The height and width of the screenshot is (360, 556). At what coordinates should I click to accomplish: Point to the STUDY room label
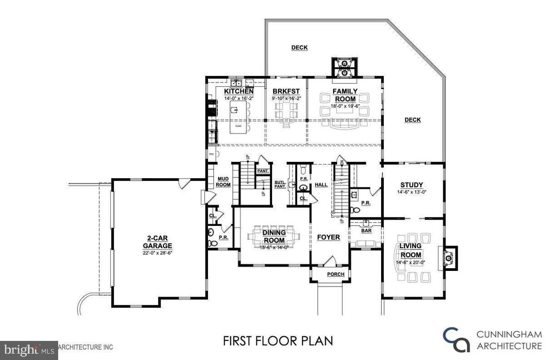click(412, 185)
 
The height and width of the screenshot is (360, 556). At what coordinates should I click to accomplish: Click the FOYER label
click(329, 237)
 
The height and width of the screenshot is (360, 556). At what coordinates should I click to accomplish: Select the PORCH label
click(336, 274)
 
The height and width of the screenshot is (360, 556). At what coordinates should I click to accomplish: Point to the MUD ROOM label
click(224, 181)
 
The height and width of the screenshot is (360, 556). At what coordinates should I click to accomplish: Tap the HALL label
click(321, 185)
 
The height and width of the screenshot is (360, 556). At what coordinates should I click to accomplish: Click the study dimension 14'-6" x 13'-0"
click(412, 192)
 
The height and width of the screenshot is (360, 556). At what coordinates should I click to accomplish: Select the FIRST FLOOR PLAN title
click(277, 342)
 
